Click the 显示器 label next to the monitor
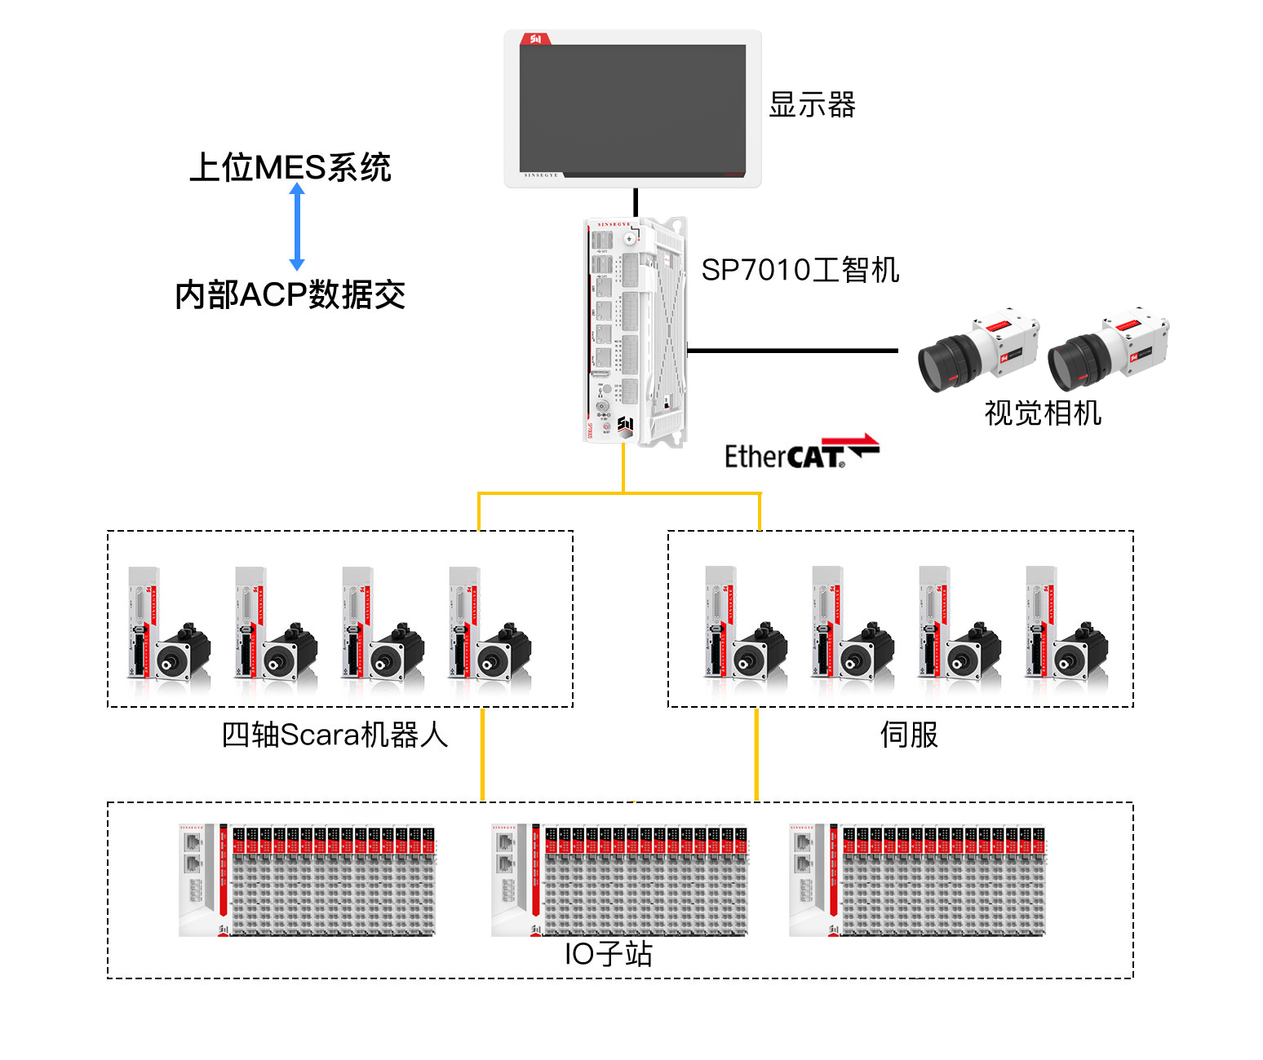pyautogui.click(x=812, y=105)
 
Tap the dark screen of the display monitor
pyautogui.click(x=632, y=109)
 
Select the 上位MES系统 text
pyautogui.click(x=290, y=167)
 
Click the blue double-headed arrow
pyautogui.click(x=297, y=226)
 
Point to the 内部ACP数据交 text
pyautogui.click(x=290, y=294)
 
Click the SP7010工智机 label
pyautogui.click(x=800, y=270)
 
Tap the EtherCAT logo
pyautogui.click(x=800, y=453)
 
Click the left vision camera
pyautogui.click(x=977, y=352)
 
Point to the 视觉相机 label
pyautogui.click(x=1042, y=413)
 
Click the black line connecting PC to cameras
pyautogui.click(x=791, y=351)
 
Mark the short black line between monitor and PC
pyautogui.click(x=636, y=202)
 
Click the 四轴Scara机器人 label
pyautogui.click(x=335, y=735)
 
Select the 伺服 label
pyautogui.click(x=908, y=735)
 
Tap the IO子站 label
pyautogui.click(x=609, y=953)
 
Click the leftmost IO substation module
pyautogui.click(x=307, y=880)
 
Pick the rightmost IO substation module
pyautogui.click(x=916, y=880)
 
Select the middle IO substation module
pyautogui.click(x=618, y=880)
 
